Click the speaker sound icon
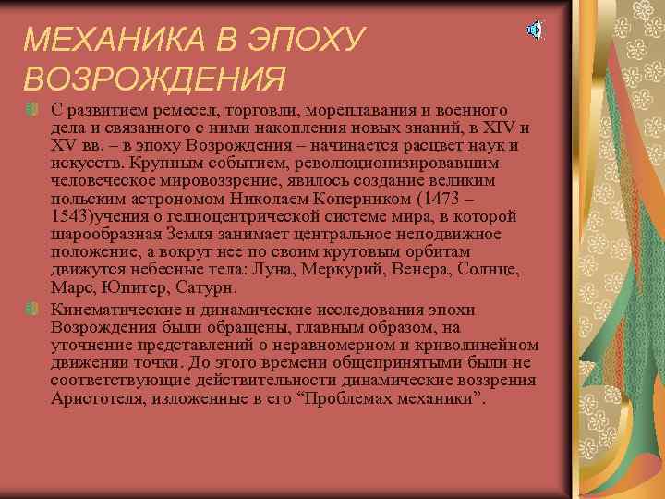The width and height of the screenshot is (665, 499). tap(535, 30)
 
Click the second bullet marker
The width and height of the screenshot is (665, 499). tap(31, 307)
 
